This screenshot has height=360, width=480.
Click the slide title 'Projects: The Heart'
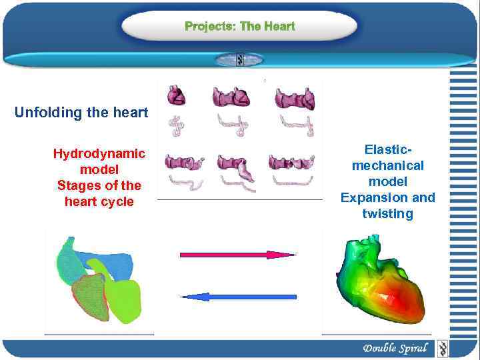coord(239,27)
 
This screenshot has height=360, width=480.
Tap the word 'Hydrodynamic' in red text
coord(99,154)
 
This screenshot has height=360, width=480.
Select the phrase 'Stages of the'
coord(99,185)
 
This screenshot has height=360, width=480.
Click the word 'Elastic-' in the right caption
coord(387,149)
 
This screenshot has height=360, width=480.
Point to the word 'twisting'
coord(387,213)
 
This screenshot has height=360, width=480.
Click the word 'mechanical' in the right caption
coord(387,165)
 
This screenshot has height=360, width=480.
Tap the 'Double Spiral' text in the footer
coord(395,348)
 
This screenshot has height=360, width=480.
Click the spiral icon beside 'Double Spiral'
coord(442,348)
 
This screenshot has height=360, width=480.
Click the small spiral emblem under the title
coord(240,60)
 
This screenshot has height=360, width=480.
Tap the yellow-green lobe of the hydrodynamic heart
coord(124,300)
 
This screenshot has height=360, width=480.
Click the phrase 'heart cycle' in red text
coord(99,201)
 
